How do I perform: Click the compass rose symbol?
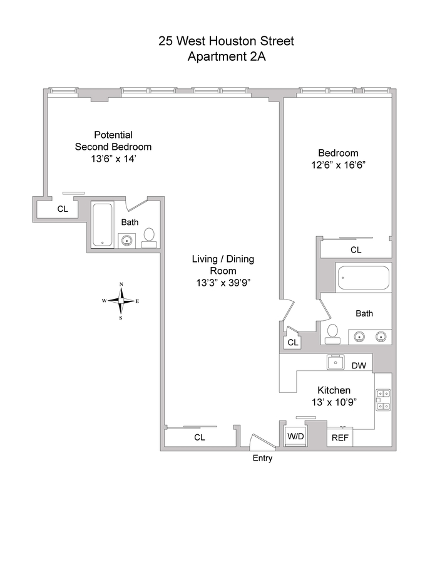pyautogui.click(x=121, y=301)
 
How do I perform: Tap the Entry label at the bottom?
pyautogui.click(x=262, y=458)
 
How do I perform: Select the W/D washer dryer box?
pyautogui.click(x=295, y=436)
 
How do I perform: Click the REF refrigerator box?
pyautogui.click(x=340, y=437)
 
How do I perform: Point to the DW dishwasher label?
pyautogui.click(x=359, y=366)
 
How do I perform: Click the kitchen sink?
pyautogui.click(x=335, y=362)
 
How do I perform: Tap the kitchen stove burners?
pyautogui.click(x=383, y=400)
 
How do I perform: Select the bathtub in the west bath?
pyautogui.click(x=103, y=225)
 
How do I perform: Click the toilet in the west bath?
pyautogui.click(x=149, y=238)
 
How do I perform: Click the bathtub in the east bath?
pyautogui.click(x=363, y=278)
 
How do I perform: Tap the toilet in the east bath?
pyautogui.click(x=332, y=334)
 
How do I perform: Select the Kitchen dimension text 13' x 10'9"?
pyautogui.click(x=334, y=402)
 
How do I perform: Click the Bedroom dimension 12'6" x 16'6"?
pyautogui.click(x=338, y=165)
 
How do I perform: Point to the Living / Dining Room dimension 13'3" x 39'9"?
pyautogui.click(x=223, y=283)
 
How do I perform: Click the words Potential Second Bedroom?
pyautogui.click(x=113, y=140)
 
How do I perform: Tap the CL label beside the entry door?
pyautogui.click(x=200, y=437)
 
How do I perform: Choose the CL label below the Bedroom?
pyautogui.click(x=356, y=249)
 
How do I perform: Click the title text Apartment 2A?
pyautogui.click(x=227, y=57)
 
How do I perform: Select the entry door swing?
pyautogui.click(x=263, y=441)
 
